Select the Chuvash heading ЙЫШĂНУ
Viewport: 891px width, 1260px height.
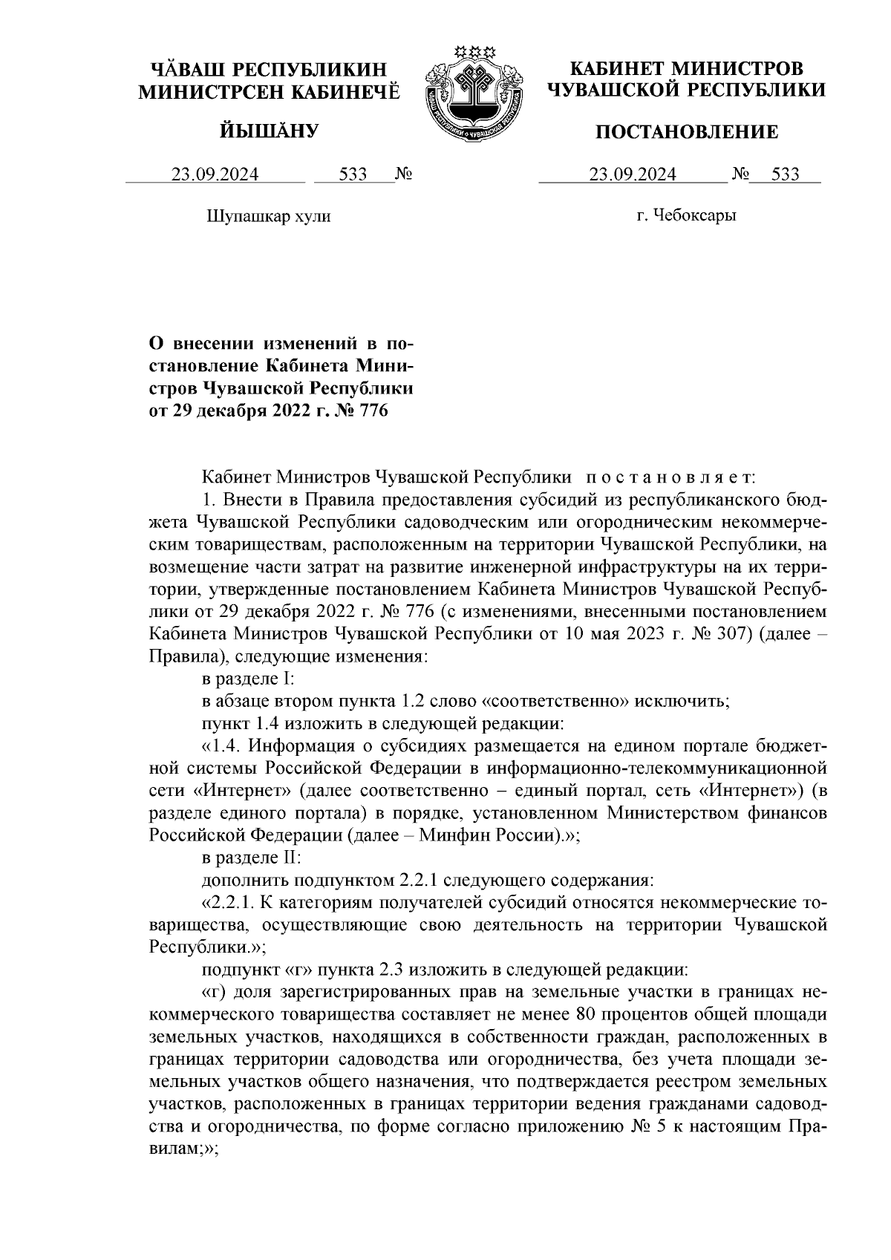pos(270,131)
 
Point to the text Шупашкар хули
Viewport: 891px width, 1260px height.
pos(267,217)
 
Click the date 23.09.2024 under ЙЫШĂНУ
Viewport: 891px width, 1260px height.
pos(215,174)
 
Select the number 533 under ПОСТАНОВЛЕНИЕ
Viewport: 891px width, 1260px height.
pos(785,174)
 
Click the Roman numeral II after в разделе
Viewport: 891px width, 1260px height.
pos(290,857)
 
